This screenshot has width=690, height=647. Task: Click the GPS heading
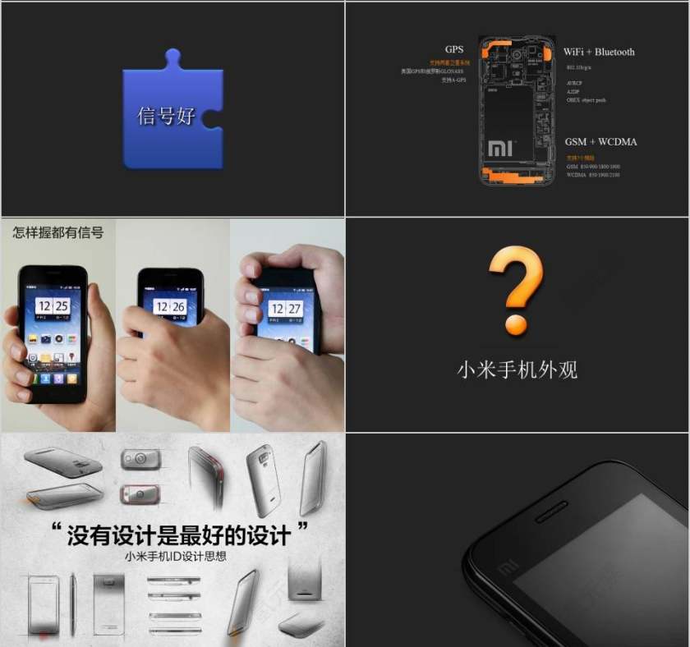tap(454, 50)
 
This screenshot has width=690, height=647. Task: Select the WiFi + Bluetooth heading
tap(599, 52)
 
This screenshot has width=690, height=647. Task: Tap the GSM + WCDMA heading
tap(600, 142)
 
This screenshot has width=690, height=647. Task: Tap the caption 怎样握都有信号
tap(57, 232)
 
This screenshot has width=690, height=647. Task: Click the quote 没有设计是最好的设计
tap(178, 535)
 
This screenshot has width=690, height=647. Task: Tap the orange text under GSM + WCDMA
tap(580, 157)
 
